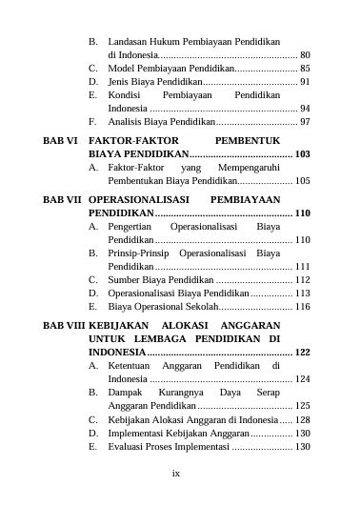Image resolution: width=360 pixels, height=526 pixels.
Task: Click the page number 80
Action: pos(304,56)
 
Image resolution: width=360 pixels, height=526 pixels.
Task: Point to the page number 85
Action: pos(304,70)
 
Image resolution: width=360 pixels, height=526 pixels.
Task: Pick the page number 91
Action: pos(304,83)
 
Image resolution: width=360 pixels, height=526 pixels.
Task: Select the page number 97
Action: pos(304,123)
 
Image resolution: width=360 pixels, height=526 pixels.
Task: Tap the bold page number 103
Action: pos(302,153)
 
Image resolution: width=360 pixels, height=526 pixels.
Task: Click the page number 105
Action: pos(302,180)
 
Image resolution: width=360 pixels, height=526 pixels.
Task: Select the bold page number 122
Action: pos(302,353)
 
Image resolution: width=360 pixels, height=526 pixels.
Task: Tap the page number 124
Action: pos(302,379)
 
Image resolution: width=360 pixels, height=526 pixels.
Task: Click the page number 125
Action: pos(302,406)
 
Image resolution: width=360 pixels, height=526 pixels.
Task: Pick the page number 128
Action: pos(302,419)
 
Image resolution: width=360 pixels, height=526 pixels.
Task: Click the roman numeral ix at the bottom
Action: pos(175,472)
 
